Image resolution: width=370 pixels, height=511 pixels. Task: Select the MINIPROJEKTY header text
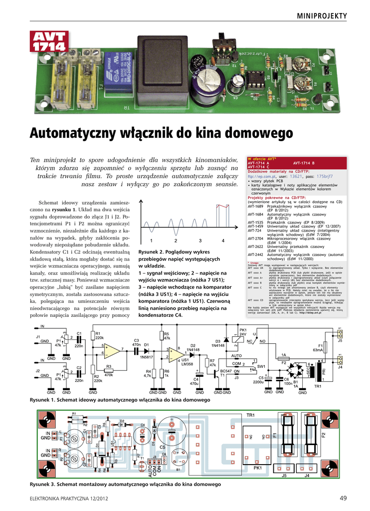(321, 16)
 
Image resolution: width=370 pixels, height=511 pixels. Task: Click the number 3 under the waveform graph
(199, 241)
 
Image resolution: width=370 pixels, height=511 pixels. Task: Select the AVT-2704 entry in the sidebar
(255, 239)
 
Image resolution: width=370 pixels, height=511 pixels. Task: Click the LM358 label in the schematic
(186, 364)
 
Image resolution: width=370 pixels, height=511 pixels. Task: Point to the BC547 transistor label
(226, 371)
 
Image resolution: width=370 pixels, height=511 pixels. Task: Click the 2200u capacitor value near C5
(258, 382)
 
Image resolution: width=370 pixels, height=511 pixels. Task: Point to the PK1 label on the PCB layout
(257, 468)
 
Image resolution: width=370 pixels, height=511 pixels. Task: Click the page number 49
(343, 498)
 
